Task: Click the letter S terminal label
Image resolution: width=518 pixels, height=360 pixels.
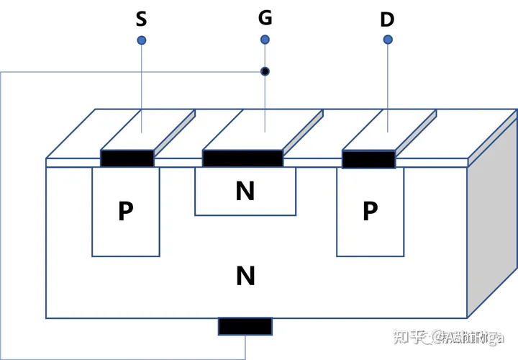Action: click(141, 18)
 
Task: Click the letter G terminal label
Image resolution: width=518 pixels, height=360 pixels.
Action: click(265, 17)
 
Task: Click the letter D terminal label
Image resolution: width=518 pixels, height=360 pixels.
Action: click(387, 19)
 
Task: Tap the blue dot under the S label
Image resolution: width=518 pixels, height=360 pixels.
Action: click(142, 40)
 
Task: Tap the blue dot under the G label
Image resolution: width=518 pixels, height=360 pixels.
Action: click(265, 39)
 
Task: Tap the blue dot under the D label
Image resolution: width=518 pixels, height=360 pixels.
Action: click(388, 40)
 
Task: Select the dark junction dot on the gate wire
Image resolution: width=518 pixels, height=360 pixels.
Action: click(265, 71)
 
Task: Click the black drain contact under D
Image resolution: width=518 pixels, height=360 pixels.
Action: click(368, 159)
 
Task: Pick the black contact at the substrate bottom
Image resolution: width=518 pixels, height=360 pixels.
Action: click(245, 326)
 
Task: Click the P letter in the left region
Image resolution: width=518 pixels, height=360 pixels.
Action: click(126, 212)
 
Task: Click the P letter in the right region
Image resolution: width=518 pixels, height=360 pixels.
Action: click(370, 212)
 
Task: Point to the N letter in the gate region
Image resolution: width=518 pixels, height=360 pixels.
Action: click(245, 191)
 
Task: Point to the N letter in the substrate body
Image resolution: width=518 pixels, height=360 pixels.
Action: click(245, 275)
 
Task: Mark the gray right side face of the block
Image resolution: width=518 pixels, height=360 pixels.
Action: click(493, 230)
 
